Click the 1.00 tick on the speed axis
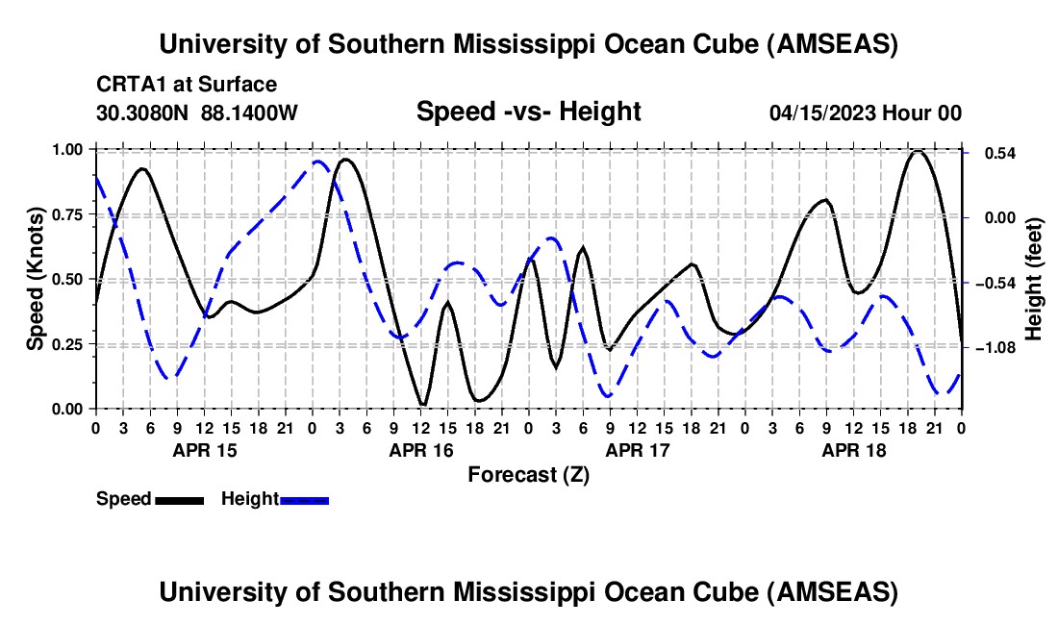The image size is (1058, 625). click(69, 150)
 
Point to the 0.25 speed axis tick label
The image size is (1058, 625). click(69, 344)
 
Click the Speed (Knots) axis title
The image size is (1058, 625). click(35, 279)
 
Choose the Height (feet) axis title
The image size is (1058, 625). click(1034, 280)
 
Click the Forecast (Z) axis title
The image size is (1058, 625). click(528, 474)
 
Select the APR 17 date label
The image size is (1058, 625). click(636, 450)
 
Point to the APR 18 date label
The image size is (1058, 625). click(852, 450)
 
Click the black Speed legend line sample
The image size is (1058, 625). click(179, 500)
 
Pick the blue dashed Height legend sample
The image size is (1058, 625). click(305, 500)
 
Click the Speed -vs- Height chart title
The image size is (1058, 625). click(528, 112)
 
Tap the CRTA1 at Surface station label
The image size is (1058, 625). click(187, 85)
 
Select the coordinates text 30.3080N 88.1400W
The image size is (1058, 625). click(197, 112)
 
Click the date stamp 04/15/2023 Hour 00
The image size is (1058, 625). click(866, 112)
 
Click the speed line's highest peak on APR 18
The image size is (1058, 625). click(919, 151)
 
